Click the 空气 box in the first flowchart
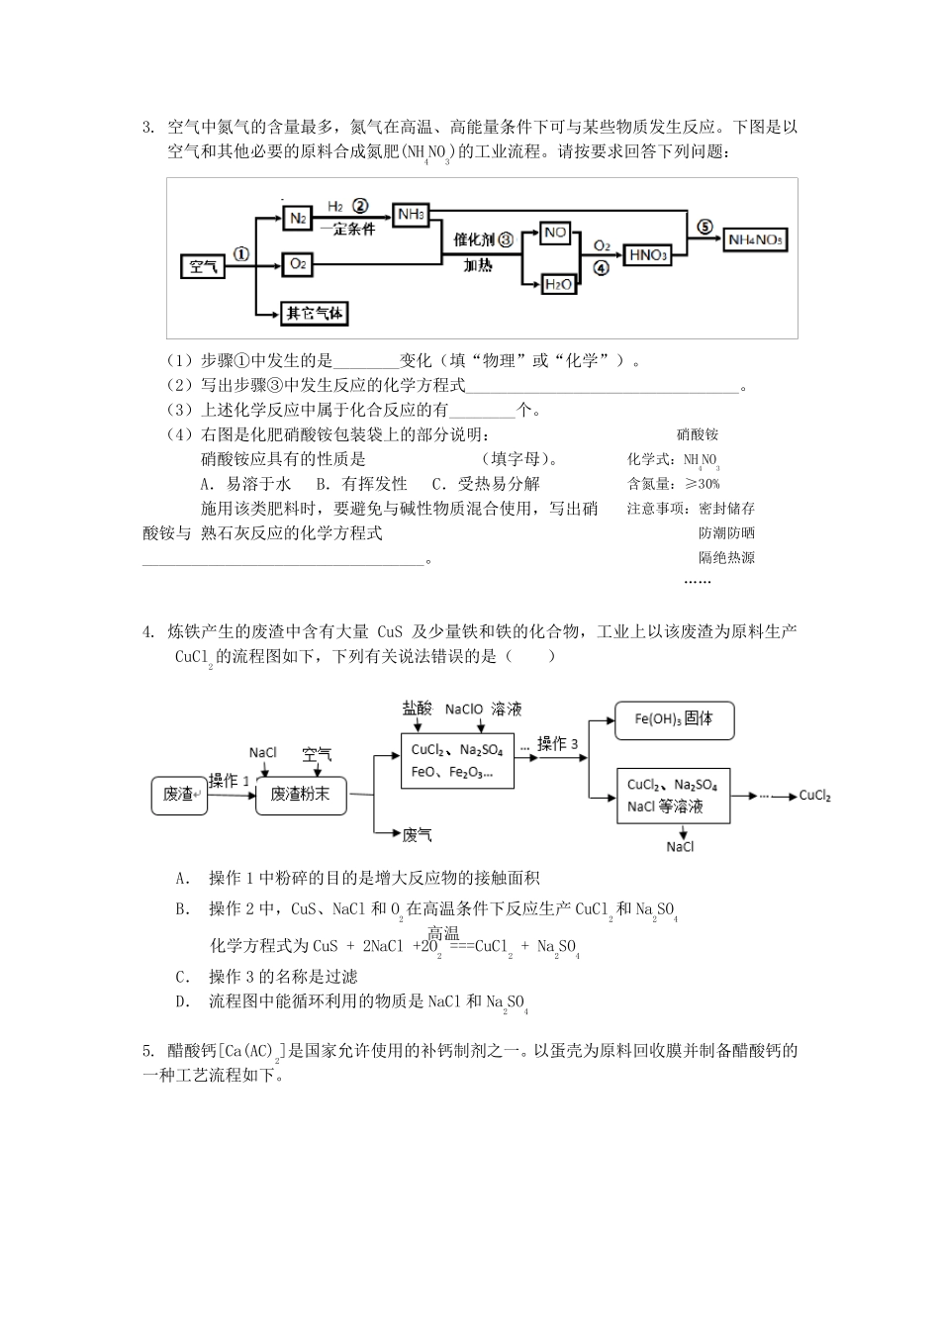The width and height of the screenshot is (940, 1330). pos(204,266)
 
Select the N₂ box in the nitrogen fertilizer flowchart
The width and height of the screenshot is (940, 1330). pos(297,218)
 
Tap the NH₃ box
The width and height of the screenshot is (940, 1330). pos(411,215)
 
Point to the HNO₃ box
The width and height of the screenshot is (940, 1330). pos(648,255)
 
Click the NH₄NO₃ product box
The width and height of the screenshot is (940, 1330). pos(756,239)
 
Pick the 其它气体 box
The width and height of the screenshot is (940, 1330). pos(315,314)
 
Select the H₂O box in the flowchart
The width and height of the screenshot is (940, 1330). pos(558,284)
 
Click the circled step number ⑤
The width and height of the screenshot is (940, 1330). pos(705,227)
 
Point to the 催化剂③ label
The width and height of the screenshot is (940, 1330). pos(484,239)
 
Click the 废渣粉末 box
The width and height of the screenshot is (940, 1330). pos(301,794)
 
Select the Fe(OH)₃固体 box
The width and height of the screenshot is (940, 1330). pos(674,719)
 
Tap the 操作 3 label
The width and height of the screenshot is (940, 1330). pos(557,744)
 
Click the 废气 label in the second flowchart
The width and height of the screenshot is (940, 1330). pos(417,835)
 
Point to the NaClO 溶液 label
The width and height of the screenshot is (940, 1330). pos(483,709)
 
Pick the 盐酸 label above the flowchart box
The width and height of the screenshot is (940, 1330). pos(417,708)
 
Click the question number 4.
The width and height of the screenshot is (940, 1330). pos(147,631)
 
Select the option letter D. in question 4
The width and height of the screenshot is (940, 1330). pos(182,1001)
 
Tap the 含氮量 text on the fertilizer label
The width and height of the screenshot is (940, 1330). pos(648,484)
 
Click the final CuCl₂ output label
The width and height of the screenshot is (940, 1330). pos(814,796)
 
